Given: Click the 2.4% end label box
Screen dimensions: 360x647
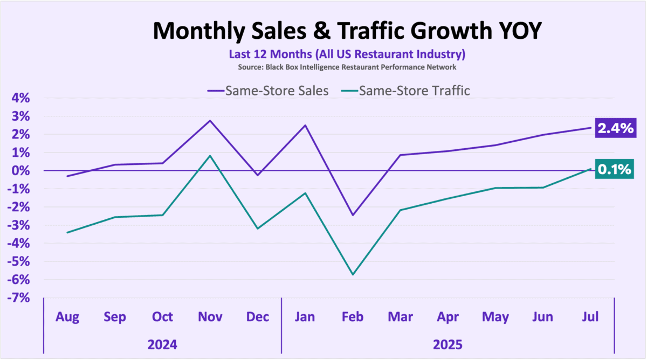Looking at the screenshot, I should pos(614,128).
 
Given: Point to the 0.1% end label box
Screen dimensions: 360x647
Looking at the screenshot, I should pos(614,170).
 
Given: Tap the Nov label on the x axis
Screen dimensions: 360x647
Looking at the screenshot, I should pos(210,317).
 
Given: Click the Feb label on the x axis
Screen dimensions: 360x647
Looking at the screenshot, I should pos(353,317).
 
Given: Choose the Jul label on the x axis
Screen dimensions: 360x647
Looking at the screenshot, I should pos(590,317).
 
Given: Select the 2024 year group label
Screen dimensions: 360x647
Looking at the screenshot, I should pos(162,344).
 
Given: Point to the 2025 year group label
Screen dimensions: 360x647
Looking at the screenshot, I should pos(448,344).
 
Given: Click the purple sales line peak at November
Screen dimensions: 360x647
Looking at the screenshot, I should pos(210,120).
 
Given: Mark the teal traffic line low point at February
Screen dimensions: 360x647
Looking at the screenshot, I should pos(353,275).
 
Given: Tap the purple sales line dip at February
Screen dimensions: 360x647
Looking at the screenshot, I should pos(353,215).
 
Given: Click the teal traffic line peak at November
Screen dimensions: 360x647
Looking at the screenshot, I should pos(210,156).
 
